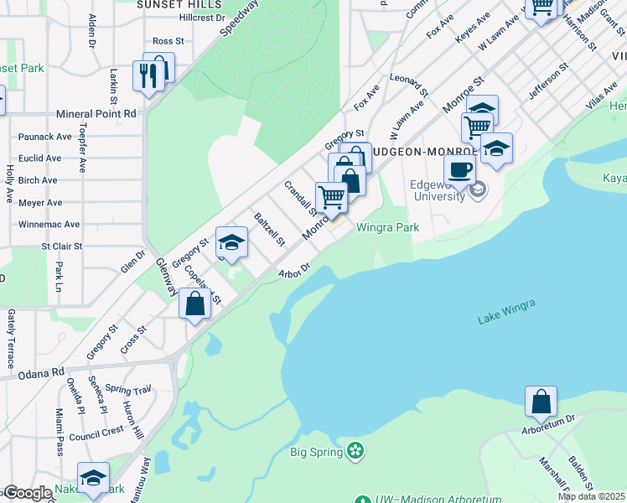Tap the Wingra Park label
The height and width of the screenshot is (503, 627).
(x=387, y=227)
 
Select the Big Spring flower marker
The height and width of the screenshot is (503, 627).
(x=356, y=451)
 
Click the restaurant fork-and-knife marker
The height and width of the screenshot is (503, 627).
(x=148, y=76)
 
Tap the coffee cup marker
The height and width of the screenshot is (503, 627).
(x=459, y=170)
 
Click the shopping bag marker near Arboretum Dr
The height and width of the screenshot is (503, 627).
(x=541, y=402)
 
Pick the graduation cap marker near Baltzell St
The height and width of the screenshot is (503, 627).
(x=231, y=244)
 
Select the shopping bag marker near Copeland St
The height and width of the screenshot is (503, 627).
(x=194, y=303)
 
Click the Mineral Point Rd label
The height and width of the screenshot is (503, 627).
(x=96, y=113)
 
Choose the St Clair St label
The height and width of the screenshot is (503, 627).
(x=62, y=246)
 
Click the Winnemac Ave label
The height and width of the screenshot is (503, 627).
(x=49, y=224)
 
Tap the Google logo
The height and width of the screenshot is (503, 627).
(x=27, y=493)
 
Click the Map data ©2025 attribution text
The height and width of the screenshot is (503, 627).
(x=591, y=496)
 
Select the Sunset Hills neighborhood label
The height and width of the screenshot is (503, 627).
(x=174, y=3)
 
